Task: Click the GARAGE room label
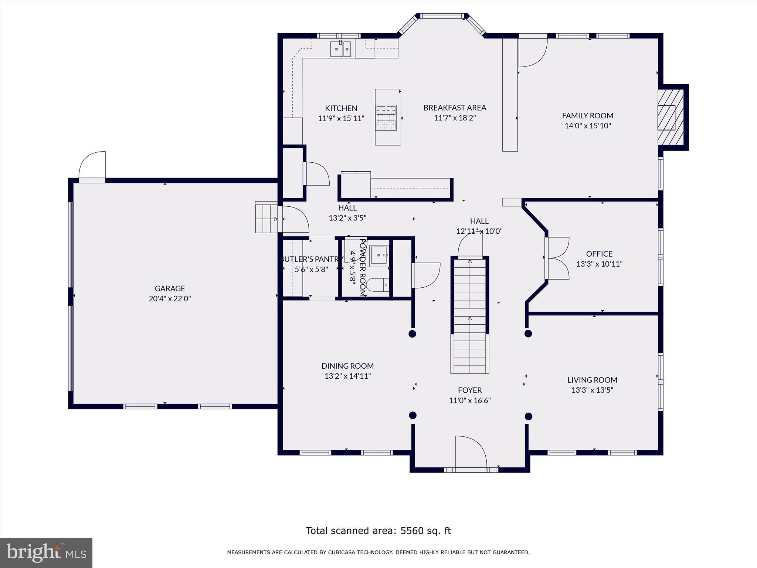point(170,288)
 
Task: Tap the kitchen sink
point(340,49)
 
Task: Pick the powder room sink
point(379,255)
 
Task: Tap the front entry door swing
point(471,452)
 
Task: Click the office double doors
point(557,258)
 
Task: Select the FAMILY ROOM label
point(588,116)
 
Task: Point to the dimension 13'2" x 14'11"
point(347,376)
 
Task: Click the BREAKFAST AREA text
point(455,108)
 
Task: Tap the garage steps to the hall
point(266,217)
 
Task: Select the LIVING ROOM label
point(592,380)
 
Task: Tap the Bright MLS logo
point(46,552)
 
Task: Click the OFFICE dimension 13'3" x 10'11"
point(599,264)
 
